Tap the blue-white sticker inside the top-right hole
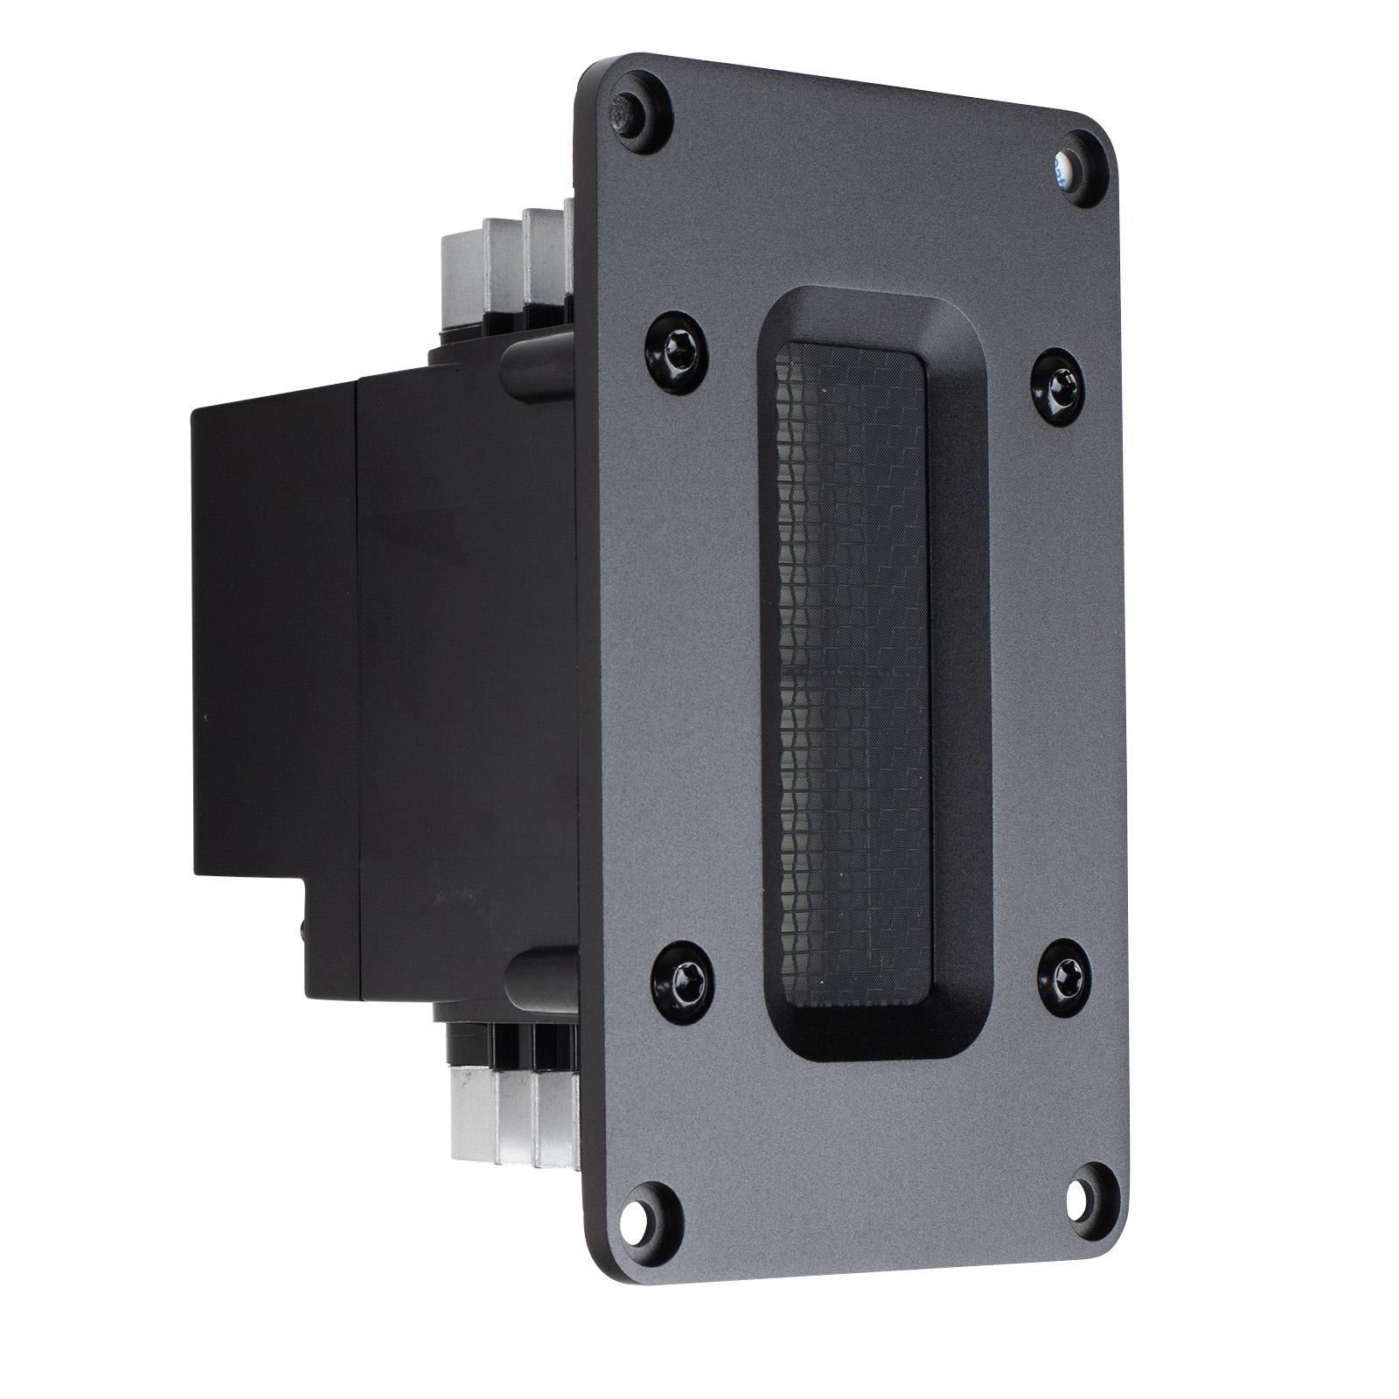click(1061, 168)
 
